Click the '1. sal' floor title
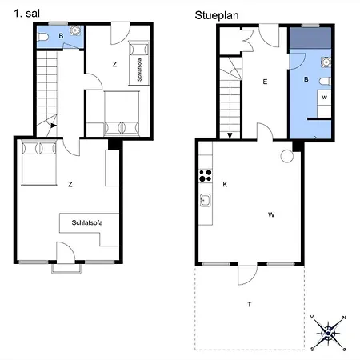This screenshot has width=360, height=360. pyautogui.click(x=27, y=14)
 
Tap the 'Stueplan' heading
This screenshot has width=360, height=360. pyautogui.click(x=217, y=15)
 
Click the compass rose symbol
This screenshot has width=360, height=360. pyautogui.click(x=328, y=334)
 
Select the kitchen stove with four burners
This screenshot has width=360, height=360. pyautogui.click(x=206, y=176)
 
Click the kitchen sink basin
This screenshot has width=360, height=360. pyautogui.click(x=206, y=200)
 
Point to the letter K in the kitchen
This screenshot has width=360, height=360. pyautogui.click(x=225, y=184)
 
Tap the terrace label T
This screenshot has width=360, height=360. pyautogui.click(x=250, y=304)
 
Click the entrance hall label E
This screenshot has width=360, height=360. pyautogui.click(x=265, y=82)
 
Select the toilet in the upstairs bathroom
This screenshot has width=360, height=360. pyautogui.click(x=43, y=37)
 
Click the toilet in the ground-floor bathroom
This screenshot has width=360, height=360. pyautogui.click(x=325, y=81)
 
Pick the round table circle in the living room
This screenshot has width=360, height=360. pyautogui.click(x=287, y=156)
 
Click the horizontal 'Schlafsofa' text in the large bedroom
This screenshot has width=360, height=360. pyautogui.click(x=87, y=222)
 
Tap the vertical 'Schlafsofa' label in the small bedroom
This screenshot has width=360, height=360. pyautogui.click(x=139, y=70)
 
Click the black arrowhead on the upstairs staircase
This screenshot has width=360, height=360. pyautogui.click(x=54, y=126)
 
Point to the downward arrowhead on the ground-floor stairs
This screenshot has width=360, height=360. pyautogui.click(x=230, y=136)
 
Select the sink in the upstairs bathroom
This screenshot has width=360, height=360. pyautogui.click(x=75, y=30)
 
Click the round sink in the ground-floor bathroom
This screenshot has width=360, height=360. pyautogui.click(x=326, y=62)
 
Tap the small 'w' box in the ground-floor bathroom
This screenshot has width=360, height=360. pyautogui.click(x=324, y=98)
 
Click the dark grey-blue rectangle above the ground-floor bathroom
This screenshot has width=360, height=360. pyautogui.click(x=310, y=38)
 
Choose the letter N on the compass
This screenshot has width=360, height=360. pyautogui.click(x=344, y=318)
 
